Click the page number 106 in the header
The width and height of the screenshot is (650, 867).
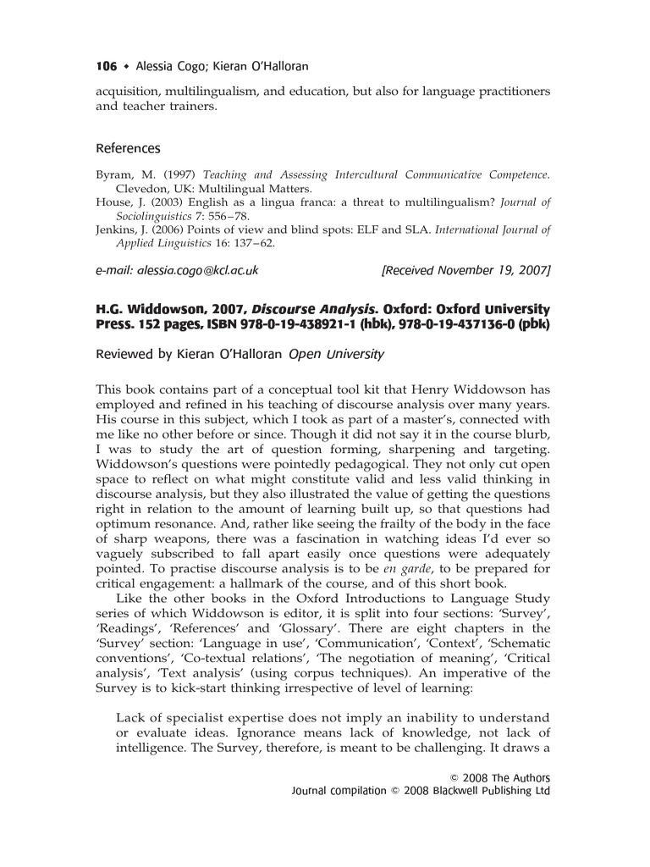point(107,66)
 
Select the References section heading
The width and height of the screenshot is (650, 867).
point(128,148)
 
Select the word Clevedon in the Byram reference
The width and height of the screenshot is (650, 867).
point(143,189)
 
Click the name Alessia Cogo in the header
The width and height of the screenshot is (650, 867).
point(171,66)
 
